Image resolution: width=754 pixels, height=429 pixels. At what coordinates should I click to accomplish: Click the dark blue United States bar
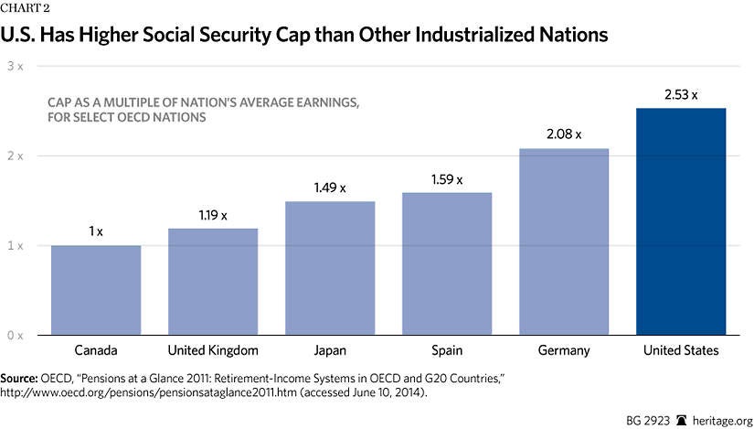[x=681, y=221]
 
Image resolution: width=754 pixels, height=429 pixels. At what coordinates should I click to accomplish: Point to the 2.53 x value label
[x=681, y=94]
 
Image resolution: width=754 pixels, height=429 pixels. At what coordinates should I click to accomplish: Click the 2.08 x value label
[x=564, y=134]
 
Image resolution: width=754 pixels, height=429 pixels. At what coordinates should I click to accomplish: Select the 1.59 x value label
[x=447, y=178]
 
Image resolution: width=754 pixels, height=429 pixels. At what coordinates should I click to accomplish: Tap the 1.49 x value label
[x=330, y=188]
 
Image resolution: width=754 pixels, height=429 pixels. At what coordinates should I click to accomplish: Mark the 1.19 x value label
[x=213, y=214]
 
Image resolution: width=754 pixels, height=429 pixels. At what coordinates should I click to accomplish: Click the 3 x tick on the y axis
[x=16, y=67]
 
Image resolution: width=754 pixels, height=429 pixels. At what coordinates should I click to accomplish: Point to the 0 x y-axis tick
[x=16, y=336]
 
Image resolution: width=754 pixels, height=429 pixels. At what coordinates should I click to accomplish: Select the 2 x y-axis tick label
[x=16, y=156]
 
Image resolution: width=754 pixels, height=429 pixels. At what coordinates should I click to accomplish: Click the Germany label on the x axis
[x=564, y=350]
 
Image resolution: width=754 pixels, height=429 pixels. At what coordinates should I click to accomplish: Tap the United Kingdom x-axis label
[x=213, y=350]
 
